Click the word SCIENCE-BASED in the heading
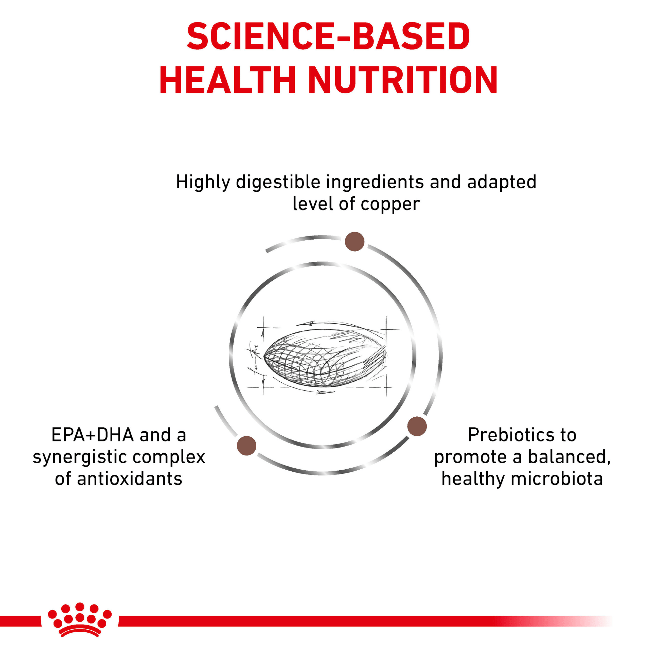coord(328,36)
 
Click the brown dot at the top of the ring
coord(354,242)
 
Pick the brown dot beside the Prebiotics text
coord(417,426)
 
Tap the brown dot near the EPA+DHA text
coord(247,446)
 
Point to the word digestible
coord(278,182)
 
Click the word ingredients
coord(375,182)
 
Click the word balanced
coord(570,457)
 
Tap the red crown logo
coord(80,624)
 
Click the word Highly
coord(203,182)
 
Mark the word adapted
coord(502,182)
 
